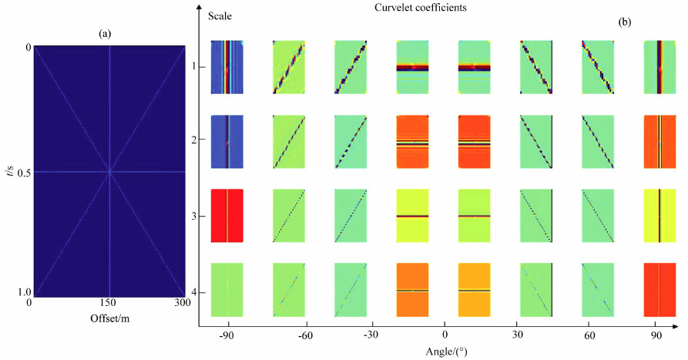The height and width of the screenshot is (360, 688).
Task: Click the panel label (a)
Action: (x=106, y=34)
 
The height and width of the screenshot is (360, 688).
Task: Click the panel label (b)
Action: (x=625, y=23)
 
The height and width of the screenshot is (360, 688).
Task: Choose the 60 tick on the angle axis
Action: (x=590, y=336)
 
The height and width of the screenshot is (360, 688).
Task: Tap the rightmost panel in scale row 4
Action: (x=659, y=290)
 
